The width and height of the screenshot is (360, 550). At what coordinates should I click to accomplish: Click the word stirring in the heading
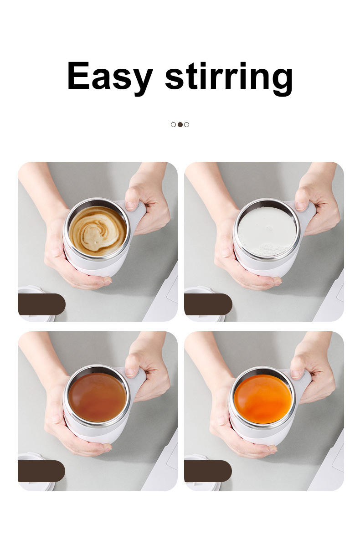click(229, 78)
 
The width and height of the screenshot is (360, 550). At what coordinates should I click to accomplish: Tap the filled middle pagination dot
click(180, 125)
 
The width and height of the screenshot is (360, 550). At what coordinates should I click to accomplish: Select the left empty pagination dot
click(173, 125)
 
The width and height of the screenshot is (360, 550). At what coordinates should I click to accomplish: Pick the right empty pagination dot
click(187, 125)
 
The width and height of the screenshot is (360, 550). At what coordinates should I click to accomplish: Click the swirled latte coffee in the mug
click(98, 231)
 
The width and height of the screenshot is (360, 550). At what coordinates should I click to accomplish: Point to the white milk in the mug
click(267, 231)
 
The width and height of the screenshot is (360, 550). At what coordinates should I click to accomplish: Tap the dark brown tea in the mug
click(97, 397)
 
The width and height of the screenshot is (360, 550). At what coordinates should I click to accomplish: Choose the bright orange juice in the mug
click(262, 399)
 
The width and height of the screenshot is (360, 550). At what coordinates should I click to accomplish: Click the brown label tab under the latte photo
click(41, 304)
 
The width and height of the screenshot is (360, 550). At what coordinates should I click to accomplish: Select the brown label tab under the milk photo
click(208, 304)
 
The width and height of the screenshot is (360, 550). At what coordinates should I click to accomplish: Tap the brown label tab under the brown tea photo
click(41, 471)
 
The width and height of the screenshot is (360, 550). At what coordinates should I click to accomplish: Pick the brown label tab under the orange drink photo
click(208, 471)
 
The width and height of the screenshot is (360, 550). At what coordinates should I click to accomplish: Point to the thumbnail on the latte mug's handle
click(130, 206)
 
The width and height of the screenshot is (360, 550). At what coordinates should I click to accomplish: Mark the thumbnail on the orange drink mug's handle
click(296, 374)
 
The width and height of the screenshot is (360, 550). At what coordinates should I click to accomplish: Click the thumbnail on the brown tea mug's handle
click(130, 372)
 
